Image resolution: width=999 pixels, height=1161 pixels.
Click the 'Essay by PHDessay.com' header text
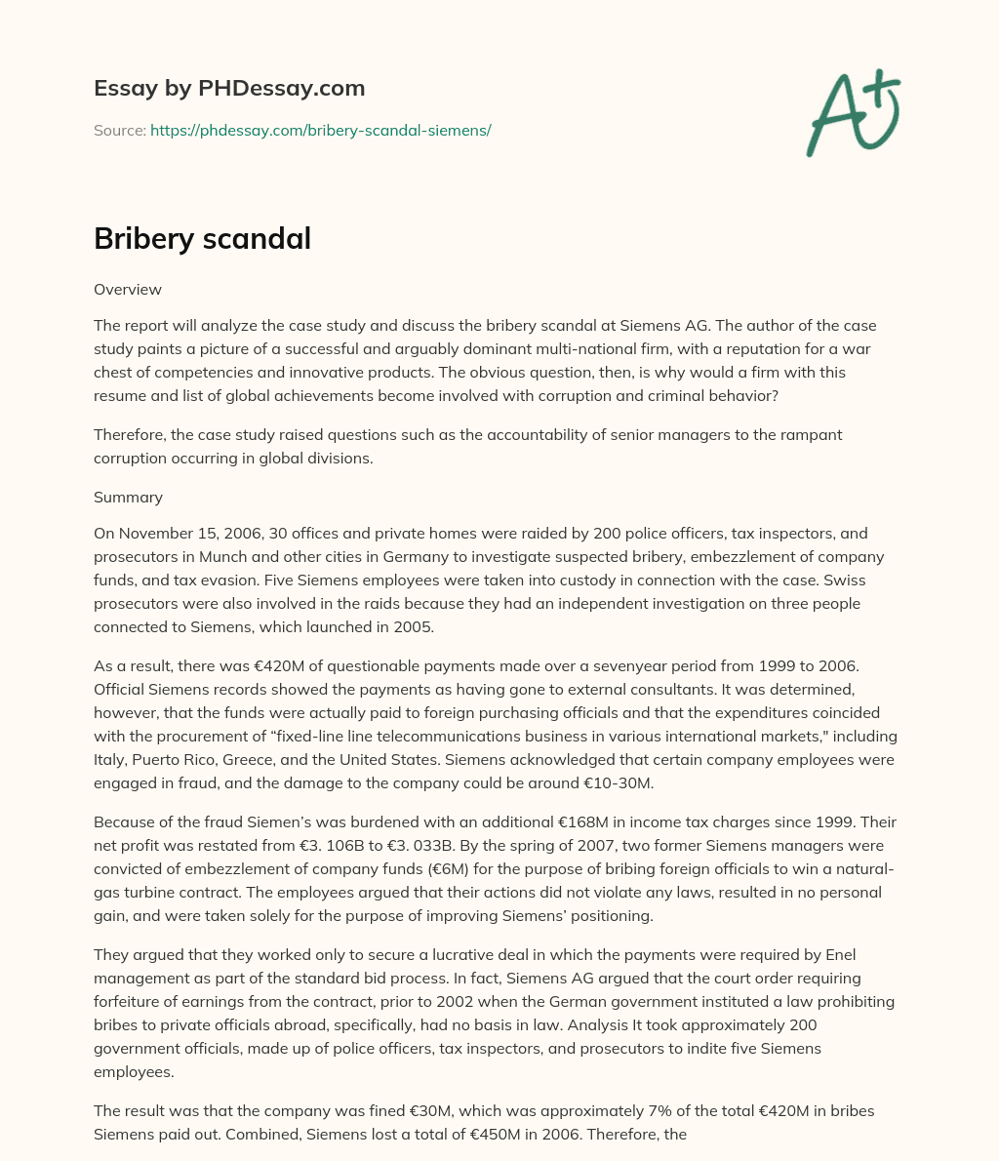coord(229,89)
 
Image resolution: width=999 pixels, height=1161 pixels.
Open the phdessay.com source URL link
coord(320,130)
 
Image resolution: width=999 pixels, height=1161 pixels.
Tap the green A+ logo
coord(852,112)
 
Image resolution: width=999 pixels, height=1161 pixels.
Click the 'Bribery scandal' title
coord(202,238)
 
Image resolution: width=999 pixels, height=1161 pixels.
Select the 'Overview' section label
coord(128,289)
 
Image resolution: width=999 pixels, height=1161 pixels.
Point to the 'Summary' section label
coord(128,497)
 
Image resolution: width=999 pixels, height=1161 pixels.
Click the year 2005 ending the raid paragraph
coord(413,627)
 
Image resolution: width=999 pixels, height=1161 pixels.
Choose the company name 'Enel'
coord(837,954)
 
